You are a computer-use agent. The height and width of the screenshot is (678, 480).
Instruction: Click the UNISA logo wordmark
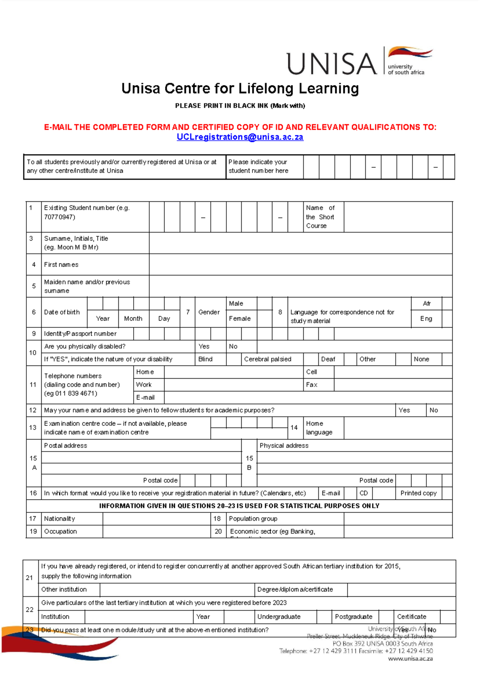pos(332,63)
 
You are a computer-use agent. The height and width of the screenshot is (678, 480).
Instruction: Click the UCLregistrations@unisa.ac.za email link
pos(240,137)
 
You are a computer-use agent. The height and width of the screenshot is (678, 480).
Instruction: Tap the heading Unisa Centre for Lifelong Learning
pos(240,88)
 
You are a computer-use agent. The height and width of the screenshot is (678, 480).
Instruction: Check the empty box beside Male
pos(264,303)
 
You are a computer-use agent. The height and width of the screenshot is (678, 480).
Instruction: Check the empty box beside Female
pos(264,319)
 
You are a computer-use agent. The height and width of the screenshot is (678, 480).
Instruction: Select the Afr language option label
pos(426,303)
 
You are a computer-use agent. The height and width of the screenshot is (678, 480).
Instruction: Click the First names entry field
pos(300,265)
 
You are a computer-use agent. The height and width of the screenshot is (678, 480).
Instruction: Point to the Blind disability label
pos(205,359)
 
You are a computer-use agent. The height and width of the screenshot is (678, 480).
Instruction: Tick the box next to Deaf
pos(350,359)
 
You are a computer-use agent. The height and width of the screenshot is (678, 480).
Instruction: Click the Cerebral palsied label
pos(268,359)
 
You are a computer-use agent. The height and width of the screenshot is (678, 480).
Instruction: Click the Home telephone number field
pos(234,372)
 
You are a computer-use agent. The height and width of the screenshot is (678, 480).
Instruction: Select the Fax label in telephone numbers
pos(312,385)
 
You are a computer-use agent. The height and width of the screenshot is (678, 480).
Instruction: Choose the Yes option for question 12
pos(404,410)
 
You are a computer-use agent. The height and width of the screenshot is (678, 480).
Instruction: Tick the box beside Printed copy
pos(447,493)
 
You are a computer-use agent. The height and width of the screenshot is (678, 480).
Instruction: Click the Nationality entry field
pos(156,519)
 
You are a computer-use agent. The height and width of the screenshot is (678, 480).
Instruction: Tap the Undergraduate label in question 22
pos(279,617)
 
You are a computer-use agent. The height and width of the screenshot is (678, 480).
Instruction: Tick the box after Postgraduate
pos(386,617)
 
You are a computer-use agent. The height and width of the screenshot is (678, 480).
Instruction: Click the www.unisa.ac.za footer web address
pos(410,659)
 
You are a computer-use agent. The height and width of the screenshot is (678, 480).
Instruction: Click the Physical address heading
pos(284,445)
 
